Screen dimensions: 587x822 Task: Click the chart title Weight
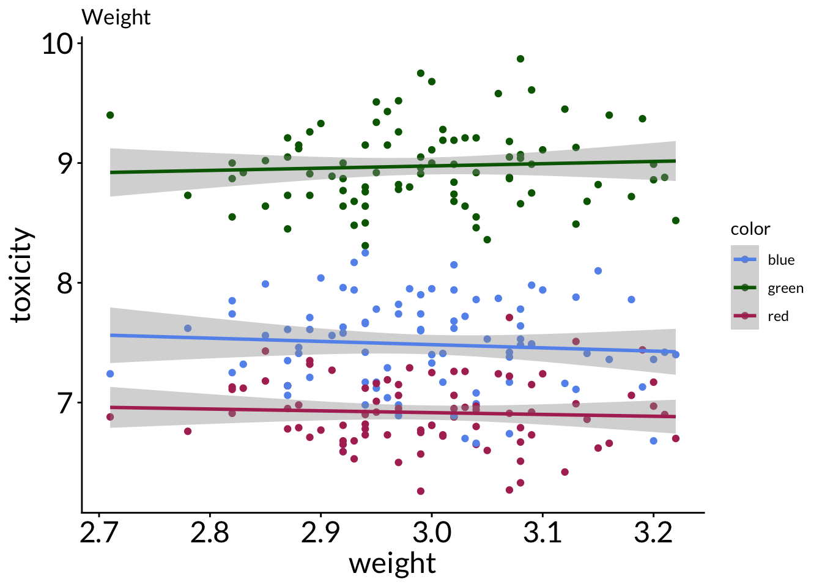pos(116,17)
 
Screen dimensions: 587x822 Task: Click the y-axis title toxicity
pos(22,275)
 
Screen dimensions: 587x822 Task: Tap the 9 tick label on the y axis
pos(65,163)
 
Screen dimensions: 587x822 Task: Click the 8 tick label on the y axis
pos(65,283)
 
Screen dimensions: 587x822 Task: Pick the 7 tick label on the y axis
pos(65,403)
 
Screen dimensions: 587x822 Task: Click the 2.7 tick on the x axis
pos(98,533)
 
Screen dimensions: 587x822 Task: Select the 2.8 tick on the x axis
pos(210,533)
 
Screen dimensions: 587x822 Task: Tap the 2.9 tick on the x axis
pos(320,533)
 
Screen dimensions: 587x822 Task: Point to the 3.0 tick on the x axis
pos(431,533)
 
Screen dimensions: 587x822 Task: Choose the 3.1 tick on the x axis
pos(542,533)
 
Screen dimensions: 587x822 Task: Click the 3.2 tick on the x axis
pos(653,533)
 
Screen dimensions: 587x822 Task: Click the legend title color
pos(750,229)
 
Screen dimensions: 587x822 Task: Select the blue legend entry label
pos(781,260)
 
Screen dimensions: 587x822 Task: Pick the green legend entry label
pos(785,289)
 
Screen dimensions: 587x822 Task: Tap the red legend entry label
pos(778,317)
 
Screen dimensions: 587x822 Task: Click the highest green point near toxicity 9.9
pos(520,59)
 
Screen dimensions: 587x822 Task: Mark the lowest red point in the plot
pos(421,491)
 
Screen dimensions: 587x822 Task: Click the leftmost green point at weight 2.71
pos(110,115)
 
